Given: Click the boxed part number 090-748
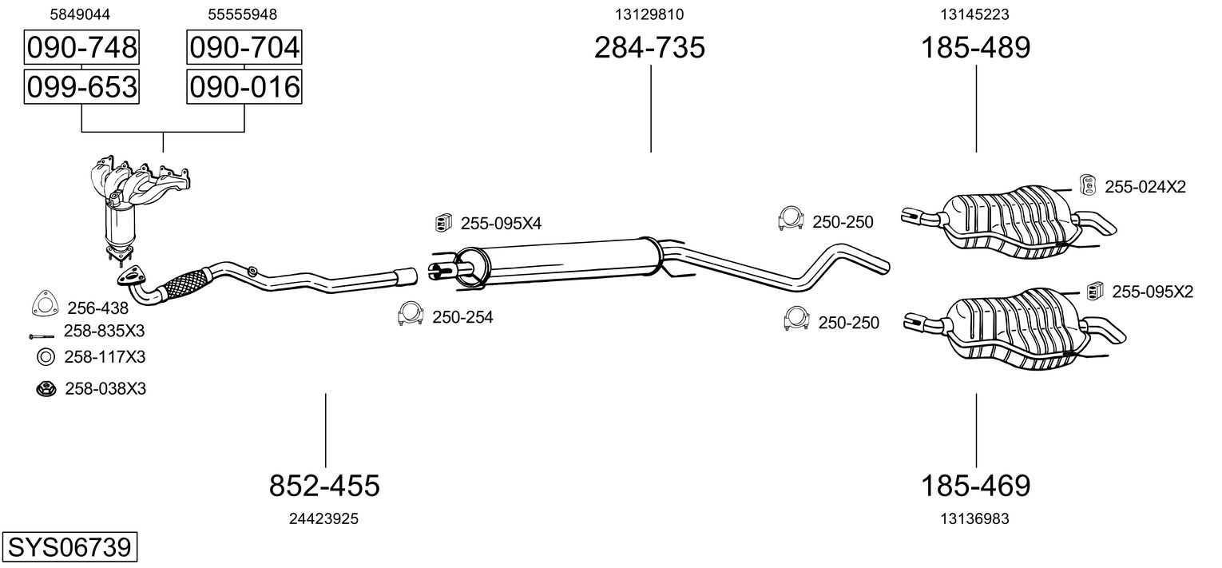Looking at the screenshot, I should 81,48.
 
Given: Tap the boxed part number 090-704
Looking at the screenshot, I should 244,48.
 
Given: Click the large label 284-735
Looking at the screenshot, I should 649,49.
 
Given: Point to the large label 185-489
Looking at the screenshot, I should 976,49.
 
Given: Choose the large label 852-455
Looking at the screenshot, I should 324,485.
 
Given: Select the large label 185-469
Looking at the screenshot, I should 976,485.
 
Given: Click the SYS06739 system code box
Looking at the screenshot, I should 69,548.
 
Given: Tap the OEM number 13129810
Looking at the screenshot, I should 649,14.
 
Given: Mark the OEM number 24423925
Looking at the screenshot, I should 323,518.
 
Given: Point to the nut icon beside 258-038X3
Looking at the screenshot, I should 46,389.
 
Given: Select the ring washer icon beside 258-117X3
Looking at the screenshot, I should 46,356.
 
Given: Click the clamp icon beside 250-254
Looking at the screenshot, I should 410,315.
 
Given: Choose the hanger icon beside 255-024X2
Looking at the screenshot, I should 1086,185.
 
